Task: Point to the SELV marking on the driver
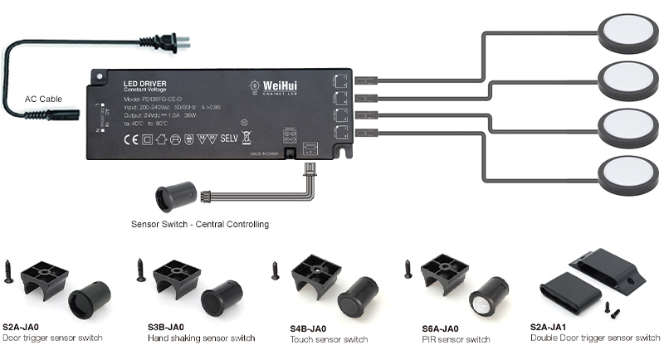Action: (228, 138)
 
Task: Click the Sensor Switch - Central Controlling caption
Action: (200, 224)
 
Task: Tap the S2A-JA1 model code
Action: (549, 327)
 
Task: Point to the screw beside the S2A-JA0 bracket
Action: (8, 272)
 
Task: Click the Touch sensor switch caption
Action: (329, 340)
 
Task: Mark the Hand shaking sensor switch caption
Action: (201, 338)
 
